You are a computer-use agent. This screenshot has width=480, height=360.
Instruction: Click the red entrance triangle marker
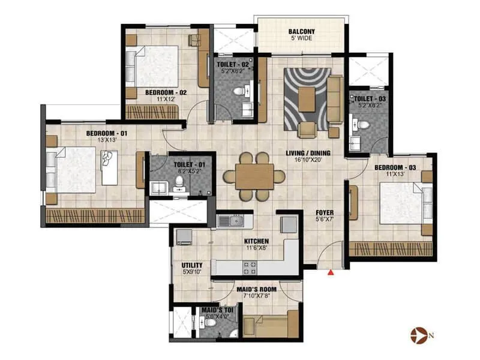click(x=331, y=272)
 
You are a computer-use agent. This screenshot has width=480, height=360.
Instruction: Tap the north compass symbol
click(x=419, y=335)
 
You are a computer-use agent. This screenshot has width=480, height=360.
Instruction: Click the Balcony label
click(x=302, y=32)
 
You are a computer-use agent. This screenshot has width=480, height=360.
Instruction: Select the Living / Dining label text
click(x=308, y=153)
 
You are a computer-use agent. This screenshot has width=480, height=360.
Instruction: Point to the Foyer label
click(x=325, y=212)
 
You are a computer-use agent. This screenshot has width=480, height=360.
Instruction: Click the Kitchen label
click(x=257, y=242)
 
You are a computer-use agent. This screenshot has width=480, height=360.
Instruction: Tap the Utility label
click(x=192, y=265)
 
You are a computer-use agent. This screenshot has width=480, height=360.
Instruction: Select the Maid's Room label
click(x=257, y=289)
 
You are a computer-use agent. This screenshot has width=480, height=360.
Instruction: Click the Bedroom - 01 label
click(x=107, y=133)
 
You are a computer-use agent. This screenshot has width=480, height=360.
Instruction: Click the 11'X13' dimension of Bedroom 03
click(x=395, y=174)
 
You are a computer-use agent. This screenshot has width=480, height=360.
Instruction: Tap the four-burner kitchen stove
click(x=250, y=268)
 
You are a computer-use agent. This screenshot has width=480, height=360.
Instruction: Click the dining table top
click(x=254, y=176)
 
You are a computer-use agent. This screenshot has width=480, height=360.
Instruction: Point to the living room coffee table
click(x=307, y=100)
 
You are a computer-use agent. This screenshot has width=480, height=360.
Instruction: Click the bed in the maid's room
click(x=271, y=324)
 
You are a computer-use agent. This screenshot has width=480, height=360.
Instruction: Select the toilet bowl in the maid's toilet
click(x=209, y=323)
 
